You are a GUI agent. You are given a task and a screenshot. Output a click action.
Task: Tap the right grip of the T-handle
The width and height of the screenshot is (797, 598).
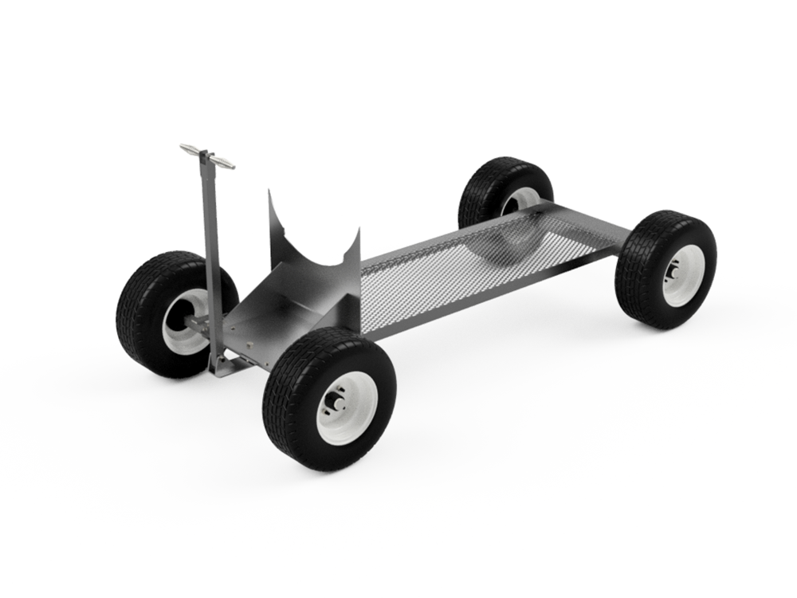pos(226,164)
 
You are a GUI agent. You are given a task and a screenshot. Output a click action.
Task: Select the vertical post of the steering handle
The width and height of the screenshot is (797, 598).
pos(209,255)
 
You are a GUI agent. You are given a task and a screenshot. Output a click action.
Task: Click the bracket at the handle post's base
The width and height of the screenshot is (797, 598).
pos(222,365)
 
